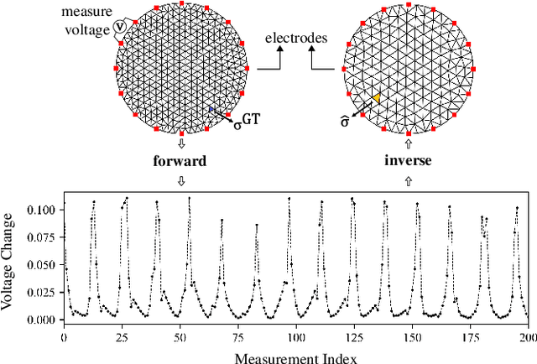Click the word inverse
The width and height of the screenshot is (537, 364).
[x=409, y=159]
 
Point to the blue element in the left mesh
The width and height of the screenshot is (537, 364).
[x=211, y=109]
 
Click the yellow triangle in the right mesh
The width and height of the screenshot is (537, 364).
[x=377, y=99]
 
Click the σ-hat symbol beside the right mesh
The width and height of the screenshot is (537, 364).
[x=343, y=122]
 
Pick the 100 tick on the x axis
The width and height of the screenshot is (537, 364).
[x=295, y=337]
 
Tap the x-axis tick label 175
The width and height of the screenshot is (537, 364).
[x=468, y=337]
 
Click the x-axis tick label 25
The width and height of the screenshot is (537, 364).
[x=122, y=337]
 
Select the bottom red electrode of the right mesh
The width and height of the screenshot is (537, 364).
[x=409, y=134]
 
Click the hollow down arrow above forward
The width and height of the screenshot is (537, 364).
[x=181, y=143]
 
